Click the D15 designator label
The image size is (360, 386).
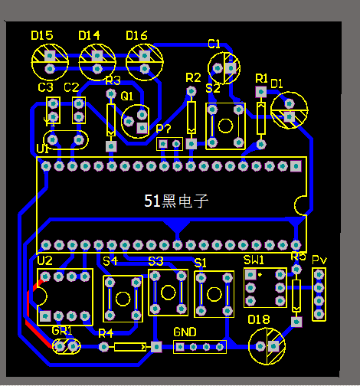click(42, 35)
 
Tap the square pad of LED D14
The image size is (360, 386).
click(97, 56)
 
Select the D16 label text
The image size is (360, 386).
click(136, 35)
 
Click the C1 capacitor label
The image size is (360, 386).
click(214, 44)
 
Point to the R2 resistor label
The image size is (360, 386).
click(193, 77)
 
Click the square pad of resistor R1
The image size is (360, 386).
click(261, 92)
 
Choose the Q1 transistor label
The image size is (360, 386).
click(127, 96)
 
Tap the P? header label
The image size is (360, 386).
click(163, 129)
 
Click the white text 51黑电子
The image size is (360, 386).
click(176, 201)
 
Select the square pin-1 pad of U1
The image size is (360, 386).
click(296, 166)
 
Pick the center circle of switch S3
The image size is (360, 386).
click(169, 293)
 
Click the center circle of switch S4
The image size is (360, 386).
click(123, 299)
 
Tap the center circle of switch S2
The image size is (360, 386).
click(226, 126)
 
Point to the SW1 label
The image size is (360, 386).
click(254, 260)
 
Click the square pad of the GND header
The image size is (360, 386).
click(180, 347)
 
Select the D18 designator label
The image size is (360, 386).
click(259, 319)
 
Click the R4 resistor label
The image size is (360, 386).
click(106, 333)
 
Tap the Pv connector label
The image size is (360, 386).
click(319, 260)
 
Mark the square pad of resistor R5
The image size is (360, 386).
click(296, 322)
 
